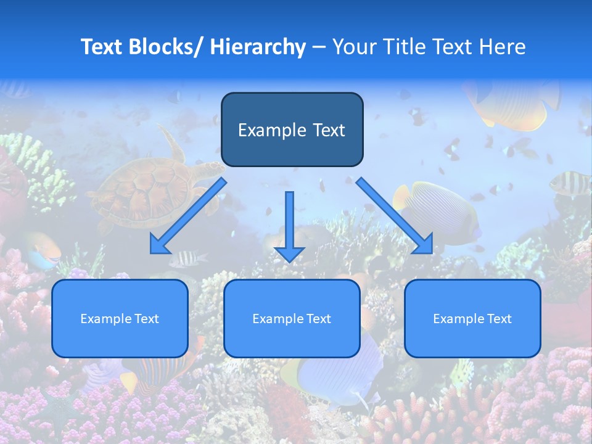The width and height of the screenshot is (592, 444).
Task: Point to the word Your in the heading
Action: pyautogui.click(x=352, y=47)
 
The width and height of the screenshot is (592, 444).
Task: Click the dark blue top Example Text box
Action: pyautogui.click(x=292, y=129)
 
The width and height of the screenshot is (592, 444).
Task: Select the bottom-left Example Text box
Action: pyautogui.click(x=120, y=318)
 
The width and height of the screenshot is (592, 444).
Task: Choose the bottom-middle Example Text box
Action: pyautogui.click(x=292, y=318)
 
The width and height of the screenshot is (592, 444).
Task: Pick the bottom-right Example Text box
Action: pyautogui.click(x=472, y=318)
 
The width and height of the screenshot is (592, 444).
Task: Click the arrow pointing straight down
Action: pyautogui.click(x=289, y=225)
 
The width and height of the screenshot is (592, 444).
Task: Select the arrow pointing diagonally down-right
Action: pyautogui.click(x=395, y=216)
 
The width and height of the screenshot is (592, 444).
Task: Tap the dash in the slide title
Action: pyautogui.click(x=319, y=47)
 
